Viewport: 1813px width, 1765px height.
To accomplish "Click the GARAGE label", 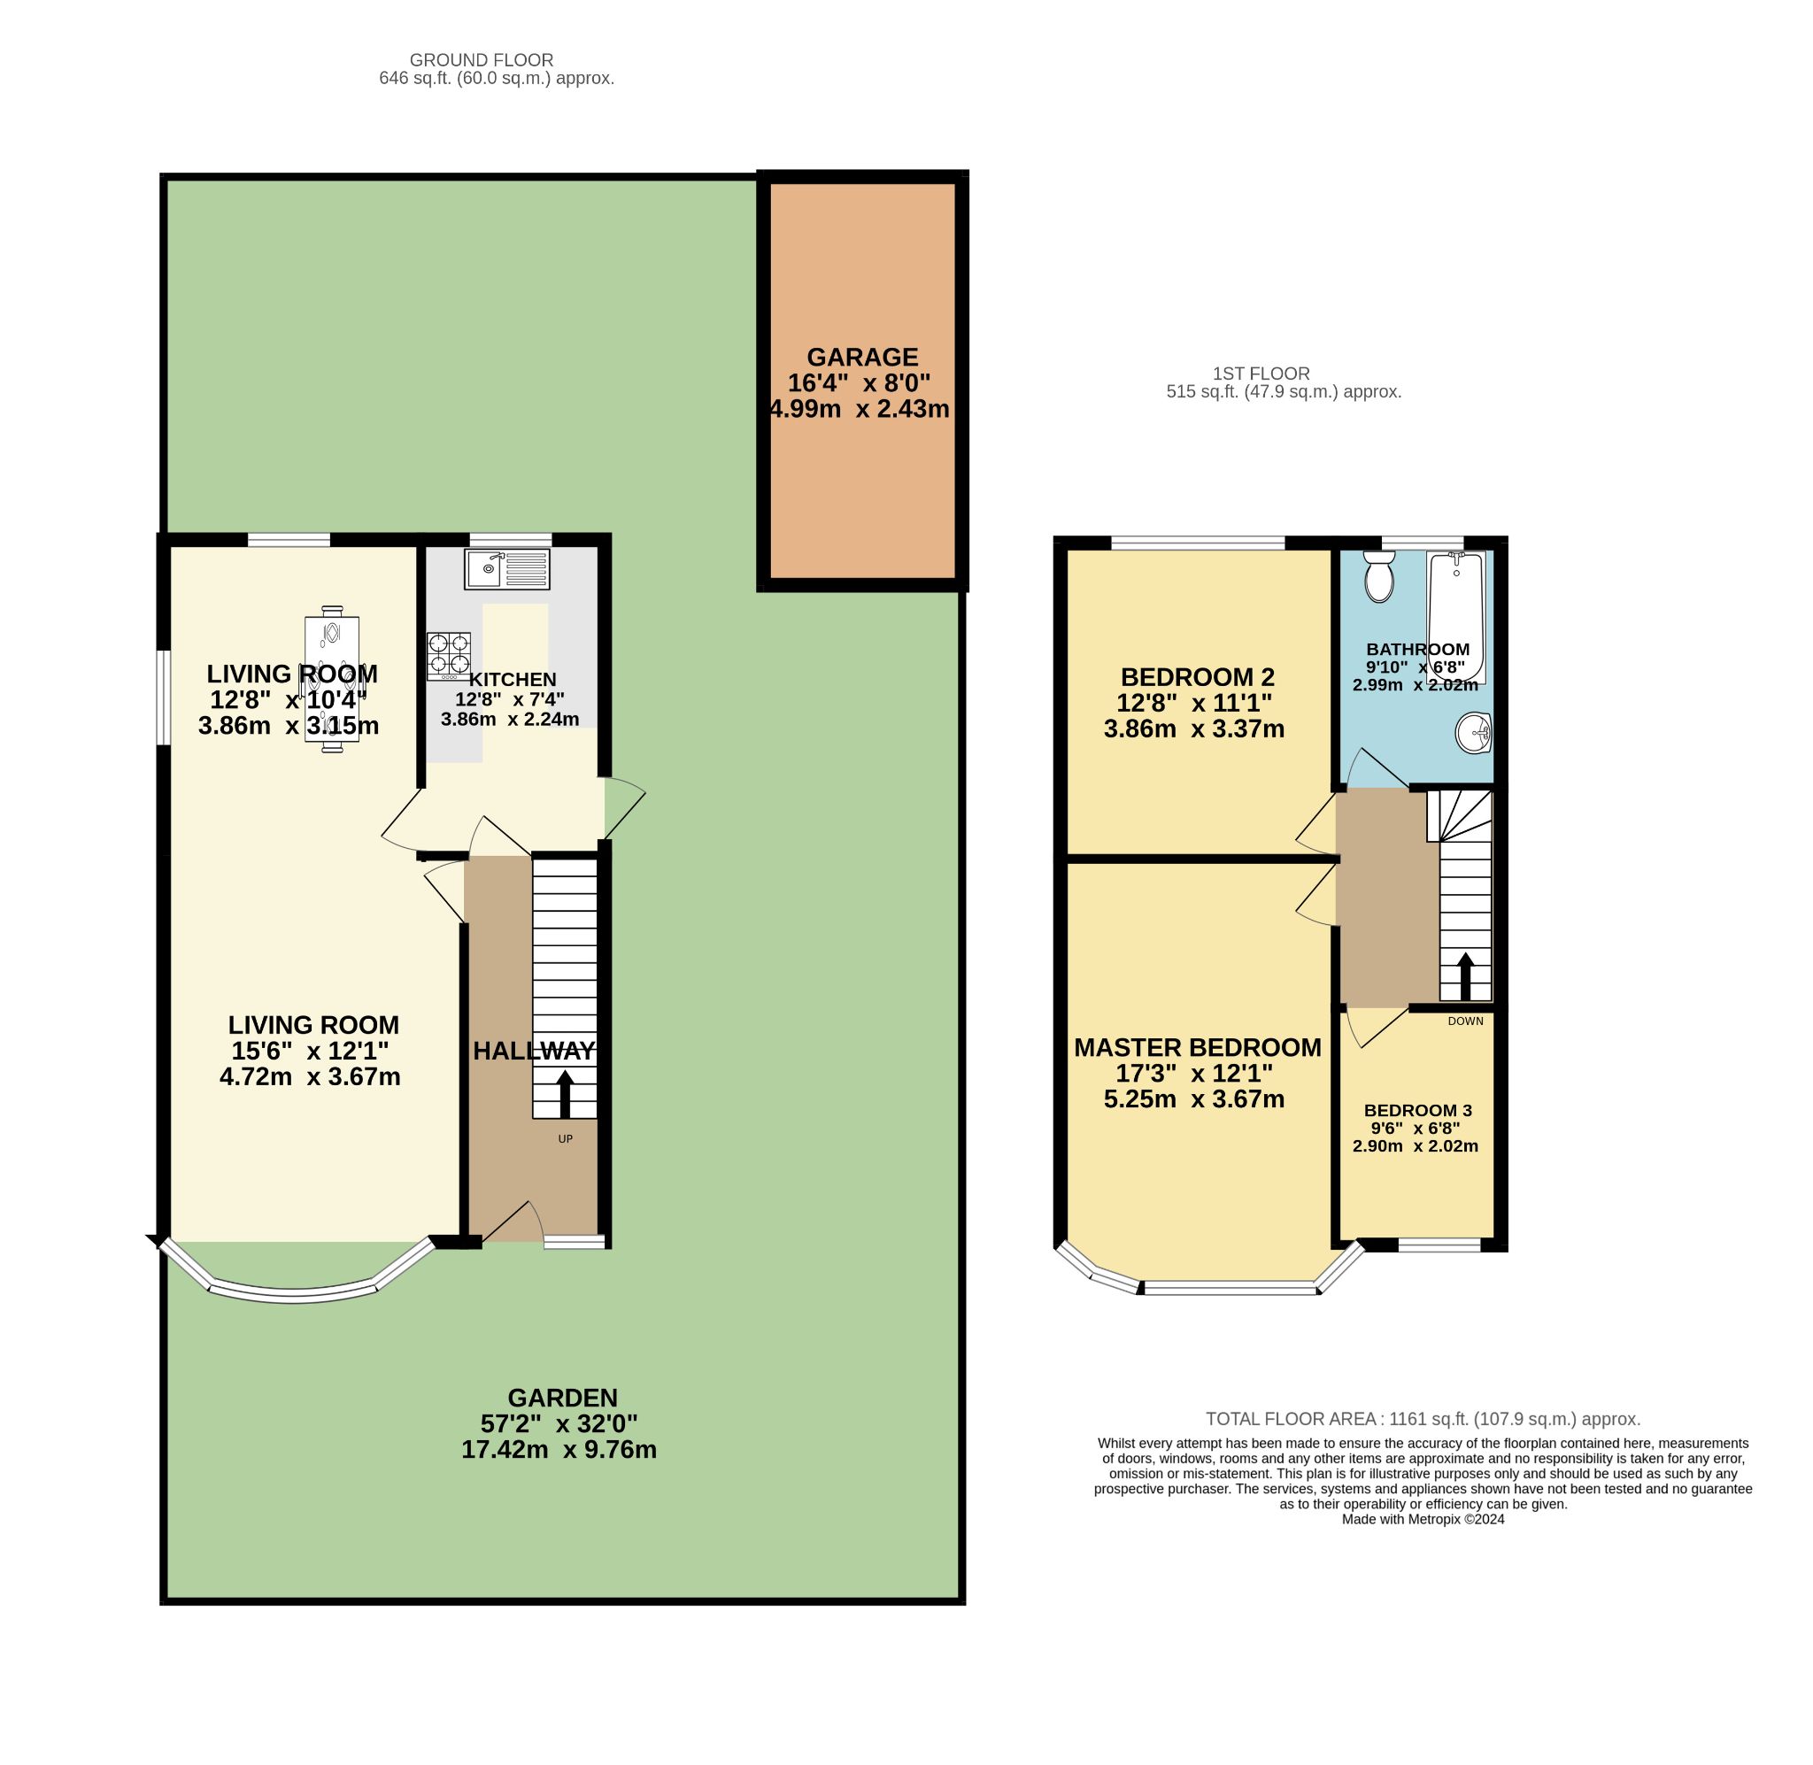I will (x=861, y=357).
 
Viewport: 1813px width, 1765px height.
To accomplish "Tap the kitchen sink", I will (x=507, y=568).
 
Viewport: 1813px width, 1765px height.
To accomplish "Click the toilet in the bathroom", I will (x=1379, y=576).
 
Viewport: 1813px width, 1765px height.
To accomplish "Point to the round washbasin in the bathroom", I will (x=1473, y=733).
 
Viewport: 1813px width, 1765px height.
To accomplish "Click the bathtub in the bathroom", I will (x=1456, y=616).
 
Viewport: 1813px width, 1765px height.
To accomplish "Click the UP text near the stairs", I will (x=565, y=1138).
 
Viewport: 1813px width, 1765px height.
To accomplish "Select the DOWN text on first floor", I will (x=1465, y=1021).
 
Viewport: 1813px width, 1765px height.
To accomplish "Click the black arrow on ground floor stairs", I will (x=565, y=1094).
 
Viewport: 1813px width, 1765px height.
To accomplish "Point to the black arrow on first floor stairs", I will (x=1465, y=976).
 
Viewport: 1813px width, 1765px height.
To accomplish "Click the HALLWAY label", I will (x=534, y=1051).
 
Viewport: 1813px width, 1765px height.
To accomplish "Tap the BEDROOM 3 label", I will (x=1417, y=1111).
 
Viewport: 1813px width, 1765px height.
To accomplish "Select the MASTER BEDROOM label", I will (x=1198, y=1047).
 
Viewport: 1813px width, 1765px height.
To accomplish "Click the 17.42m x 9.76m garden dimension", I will (x=559, y=1450).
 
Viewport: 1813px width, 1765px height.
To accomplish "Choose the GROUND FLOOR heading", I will (x=481, y=60).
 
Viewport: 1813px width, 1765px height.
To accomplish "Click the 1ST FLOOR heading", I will (x=1261, y=374).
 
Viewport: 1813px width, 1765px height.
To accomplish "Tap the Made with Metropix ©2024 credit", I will (x=1423, y=1519).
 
